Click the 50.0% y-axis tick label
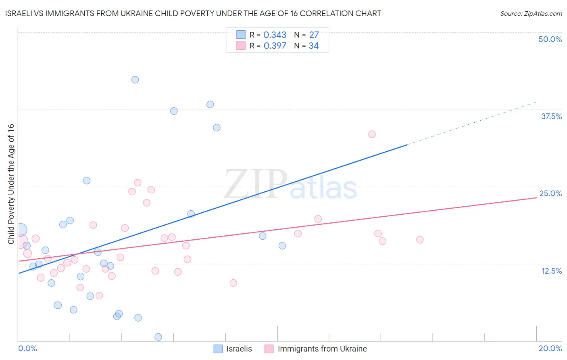550,39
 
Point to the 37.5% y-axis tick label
551,116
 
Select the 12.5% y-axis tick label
551,271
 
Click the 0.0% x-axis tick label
27,348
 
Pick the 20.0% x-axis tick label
550,348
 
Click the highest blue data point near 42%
135,80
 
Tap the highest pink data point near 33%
372,134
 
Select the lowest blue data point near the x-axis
158,337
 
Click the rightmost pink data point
420,240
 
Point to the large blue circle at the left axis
20,230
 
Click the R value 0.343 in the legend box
275,35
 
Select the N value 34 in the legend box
313,46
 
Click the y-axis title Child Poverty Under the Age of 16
11,184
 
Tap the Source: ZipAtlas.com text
531,14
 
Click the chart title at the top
193,14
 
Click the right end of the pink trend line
536,198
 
